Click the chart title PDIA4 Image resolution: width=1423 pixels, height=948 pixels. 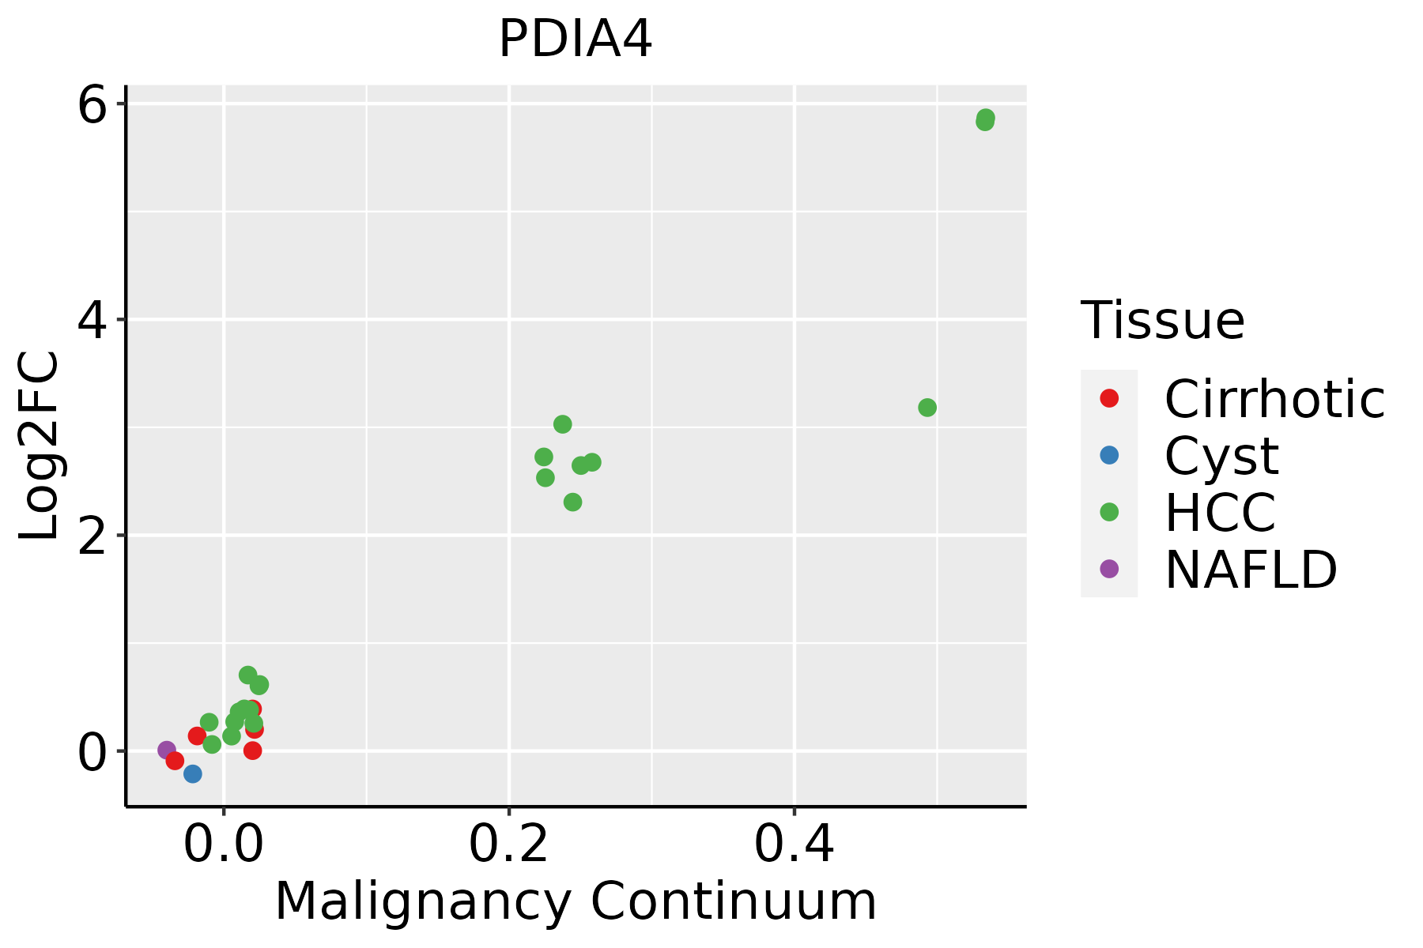(576, 39)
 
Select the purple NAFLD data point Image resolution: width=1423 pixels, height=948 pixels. (167, 750)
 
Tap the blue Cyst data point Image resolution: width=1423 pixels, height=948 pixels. (192, 773)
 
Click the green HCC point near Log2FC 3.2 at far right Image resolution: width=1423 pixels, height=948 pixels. (927, 408)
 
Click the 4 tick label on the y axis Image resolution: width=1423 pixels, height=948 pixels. (92, 320)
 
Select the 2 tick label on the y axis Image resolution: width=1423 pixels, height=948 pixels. (92, 536)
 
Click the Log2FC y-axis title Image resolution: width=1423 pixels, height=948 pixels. (40, 446)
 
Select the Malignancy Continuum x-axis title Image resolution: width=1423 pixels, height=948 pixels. (576, 901)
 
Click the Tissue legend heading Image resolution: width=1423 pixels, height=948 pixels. (1162, 321)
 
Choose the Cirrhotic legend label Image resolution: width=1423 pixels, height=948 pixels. (1274, 399)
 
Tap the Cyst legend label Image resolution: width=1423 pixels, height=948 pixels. (1221, 456)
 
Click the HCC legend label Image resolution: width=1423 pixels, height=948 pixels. (1220, 513)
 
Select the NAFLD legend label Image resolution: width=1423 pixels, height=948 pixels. (1251, 570)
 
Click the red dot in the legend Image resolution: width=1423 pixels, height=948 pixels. (1109, 398)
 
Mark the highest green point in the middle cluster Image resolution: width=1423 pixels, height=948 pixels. (562, 424)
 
